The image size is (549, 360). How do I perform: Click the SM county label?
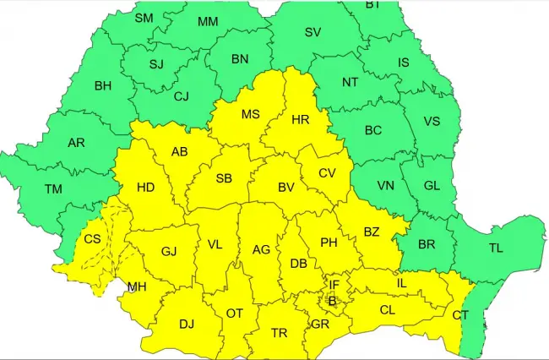pos(144,17)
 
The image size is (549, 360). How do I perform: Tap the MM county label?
pos(209,21)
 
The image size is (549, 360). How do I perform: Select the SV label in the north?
pos(313,33)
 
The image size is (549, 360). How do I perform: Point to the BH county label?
pos(103,85)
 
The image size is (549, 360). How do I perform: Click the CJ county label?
pos(181,96)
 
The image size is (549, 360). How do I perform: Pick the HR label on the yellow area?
pos(300,120)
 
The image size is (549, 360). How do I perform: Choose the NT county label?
pos(350,83)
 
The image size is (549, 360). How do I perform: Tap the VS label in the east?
pos(432,121)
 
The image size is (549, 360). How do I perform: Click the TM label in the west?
pos(53,190)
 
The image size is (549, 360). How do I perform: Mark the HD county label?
pos(145,188)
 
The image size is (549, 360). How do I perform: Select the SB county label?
pos(224,178)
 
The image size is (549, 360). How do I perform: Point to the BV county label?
pos(286,188)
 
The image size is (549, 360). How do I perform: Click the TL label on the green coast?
pos(496,249)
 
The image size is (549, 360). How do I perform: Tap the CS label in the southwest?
pos(93,239)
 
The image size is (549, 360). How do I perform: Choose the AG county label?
pos(261,249)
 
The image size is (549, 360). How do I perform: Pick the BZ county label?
pos(372,232)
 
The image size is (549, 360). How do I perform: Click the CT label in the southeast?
pos(460,315)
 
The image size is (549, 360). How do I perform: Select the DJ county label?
pos(187,324)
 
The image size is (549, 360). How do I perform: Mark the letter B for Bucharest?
pos(332,301)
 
